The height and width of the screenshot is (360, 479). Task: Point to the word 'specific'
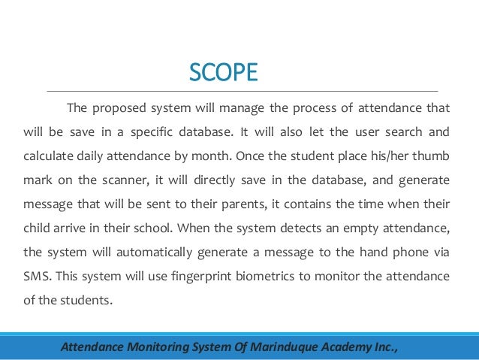[155, 133]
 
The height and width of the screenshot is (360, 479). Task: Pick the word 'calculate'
[47, 159]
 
